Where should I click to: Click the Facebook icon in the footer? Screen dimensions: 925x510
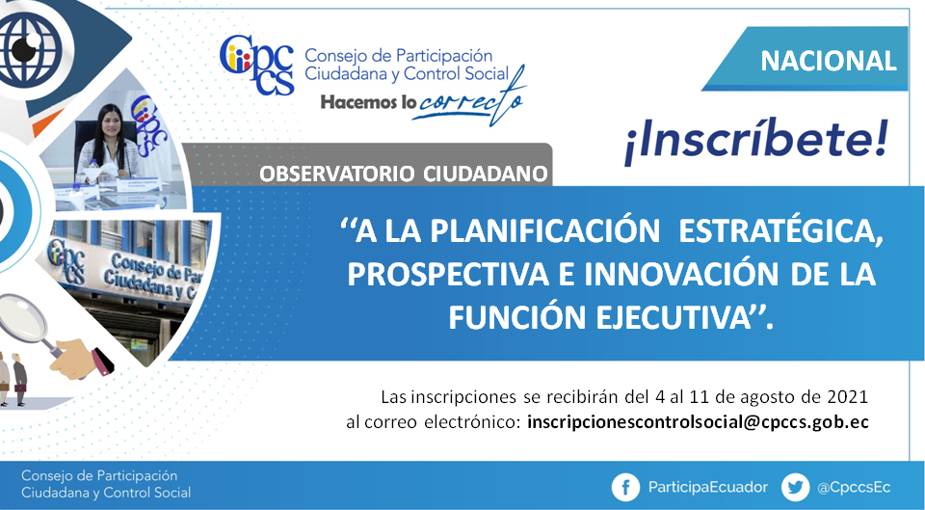point(625,488)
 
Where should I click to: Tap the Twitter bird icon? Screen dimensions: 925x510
point(795,488)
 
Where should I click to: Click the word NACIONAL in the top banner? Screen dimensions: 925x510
point(829,61)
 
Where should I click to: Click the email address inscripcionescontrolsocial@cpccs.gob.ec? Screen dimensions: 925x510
point(698,422)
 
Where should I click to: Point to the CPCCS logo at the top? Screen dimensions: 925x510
point(256,65)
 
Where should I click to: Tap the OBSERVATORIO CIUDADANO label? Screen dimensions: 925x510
point(404,174)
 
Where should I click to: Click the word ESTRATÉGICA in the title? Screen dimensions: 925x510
point(781,230)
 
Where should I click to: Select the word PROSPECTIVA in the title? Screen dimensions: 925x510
point(448,275)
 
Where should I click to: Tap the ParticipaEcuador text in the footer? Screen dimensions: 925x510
point(708,488)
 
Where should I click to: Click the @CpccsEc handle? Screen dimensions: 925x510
point(854,488)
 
